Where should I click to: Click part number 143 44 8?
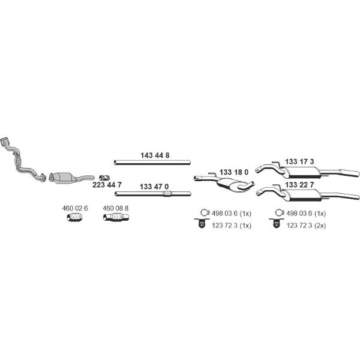[x=155, y=155]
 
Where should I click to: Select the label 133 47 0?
[x=154, y=187]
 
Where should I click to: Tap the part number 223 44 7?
[x=107, y=185]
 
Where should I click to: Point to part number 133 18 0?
[x=234, y=172]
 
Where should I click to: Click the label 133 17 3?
[x=299, y=161]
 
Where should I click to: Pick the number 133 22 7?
[x=299, y=185]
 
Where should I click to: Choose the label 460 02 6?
[x=75, y=208]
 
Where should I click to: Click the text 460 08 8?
[x=115, y=208]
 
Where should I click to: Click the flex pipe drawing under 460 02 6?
[x=75, y=217]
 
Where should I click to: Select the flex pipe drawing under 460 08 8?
[x=116, y=217]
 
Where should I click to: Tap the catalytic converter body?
[x=64, y=178]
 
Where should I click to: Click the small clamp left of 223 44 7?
[x=104, y=178]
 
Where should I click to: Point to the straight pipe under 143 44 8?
[x=152, y=163]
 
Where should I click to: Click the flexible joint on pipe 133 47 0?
[x=167, y=194]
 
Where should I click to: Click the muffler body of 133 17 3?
[x=301, y=172]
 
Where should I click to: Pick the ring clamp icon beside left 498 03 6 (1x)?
[x=205, y=213]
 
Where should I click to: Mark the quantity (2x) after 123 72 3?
[x=320, y=226]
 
